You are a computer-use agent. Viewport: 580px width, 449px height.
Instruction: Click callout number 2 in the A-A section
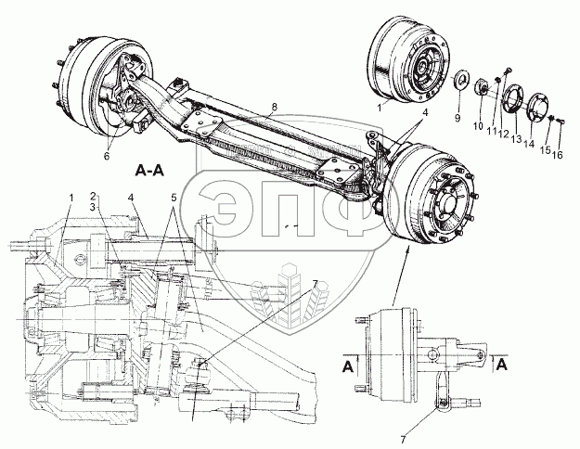(x=93, y=196)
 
